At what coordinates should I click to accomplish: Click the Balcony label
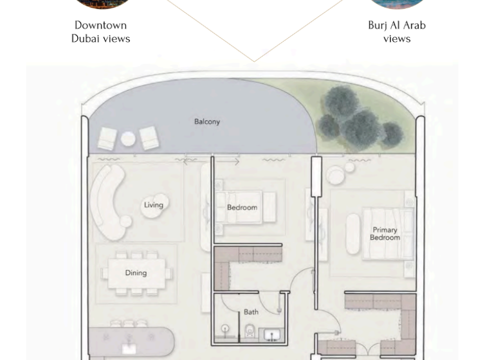[x=207, y=122]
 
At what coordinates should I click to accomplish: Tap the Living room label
[x=153, y=205]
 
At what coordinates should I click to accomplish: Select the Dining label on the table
[x=136, y=273]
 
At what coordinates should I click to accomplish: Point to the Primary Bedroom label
[x=385, y=233]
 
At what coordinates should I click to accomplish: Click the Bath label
[x=251, y=312]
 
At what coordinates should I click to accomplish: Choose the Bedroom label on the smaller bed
[x=242, y=208]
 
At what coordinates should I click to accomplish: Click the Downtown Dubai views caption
[x=100, y=32]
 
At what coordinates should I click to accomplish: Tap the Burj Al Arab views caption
[x=396, y=32]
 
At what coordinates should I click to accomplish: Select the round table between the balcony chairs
[x=129, y=138]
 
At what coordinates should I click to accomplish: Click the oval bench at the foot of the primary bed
[x=352, y=233]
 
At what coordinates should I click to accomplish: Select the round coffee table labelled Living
[x=154, y=206]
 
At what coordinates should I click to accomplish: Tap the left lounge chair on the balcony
[x=107, y=138]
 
